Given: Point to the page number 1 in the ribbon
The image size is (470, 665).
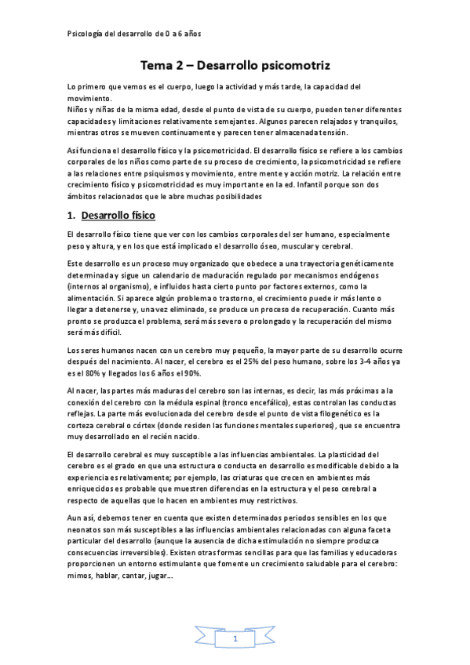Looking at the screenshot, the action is [x=235, y=640].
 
